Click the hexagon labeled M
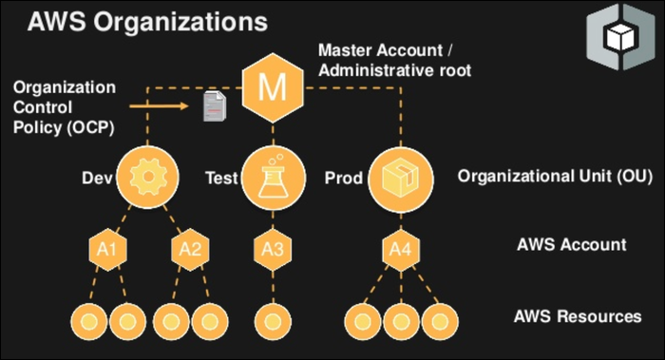273,89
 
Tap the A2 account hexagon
188,250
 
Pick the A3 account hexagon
273,250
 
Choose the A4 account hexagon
399,250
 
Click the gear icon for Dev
147,177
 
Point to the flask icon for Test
273,177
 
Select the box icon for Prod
399,177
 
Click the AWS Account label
571,244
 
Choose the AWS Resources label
577,316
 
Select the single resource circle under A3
273,317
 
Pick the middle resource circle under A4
399,317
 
